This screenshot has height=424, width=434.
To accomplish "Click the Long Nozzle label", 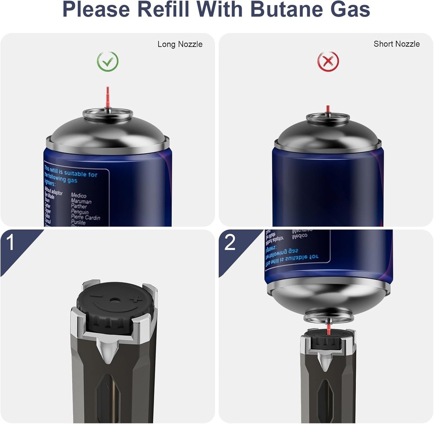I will coord(180,44).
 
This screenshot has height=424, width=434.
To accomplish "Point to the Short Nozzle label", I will coord(396,44).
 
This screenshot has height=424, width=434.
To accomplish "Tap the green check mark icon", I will coord(107,62).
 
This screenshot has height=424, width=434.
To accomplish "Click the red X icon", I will coord(328,62).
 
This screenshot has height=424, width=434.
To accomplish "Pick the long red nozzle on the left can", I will coord(108,96).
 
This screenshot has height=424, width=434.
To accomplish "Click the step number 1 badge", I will coord(11,243).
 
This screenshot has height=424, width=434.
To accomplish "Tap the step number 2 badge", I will coord(230,243).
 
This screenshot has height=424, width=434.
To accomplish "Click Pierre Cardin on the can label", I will coord(85,217).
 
